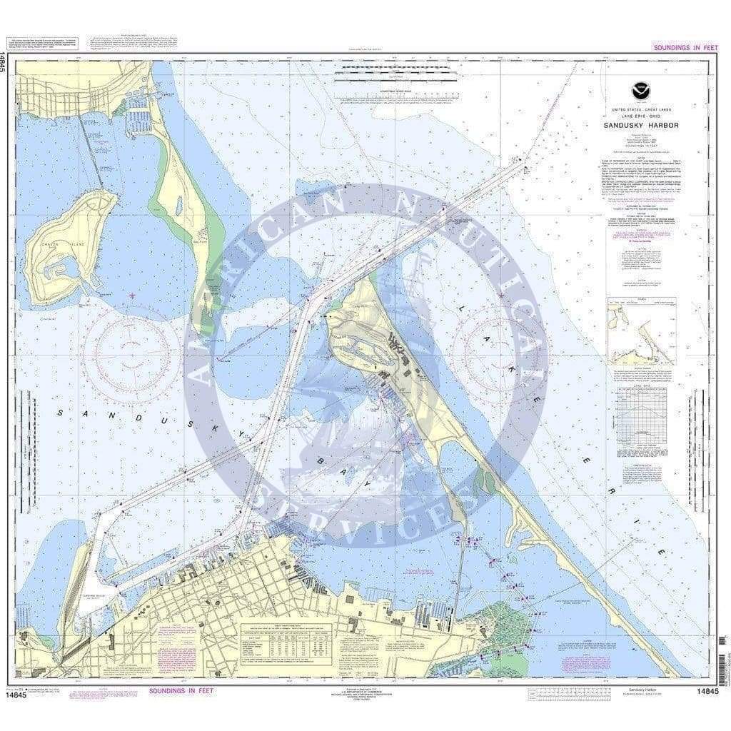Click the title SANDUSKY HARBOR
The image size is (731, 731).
640,125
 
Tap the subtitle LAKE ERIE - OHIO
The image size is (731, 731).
640,116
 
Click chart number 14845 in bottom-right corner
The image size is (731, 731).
704,691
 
